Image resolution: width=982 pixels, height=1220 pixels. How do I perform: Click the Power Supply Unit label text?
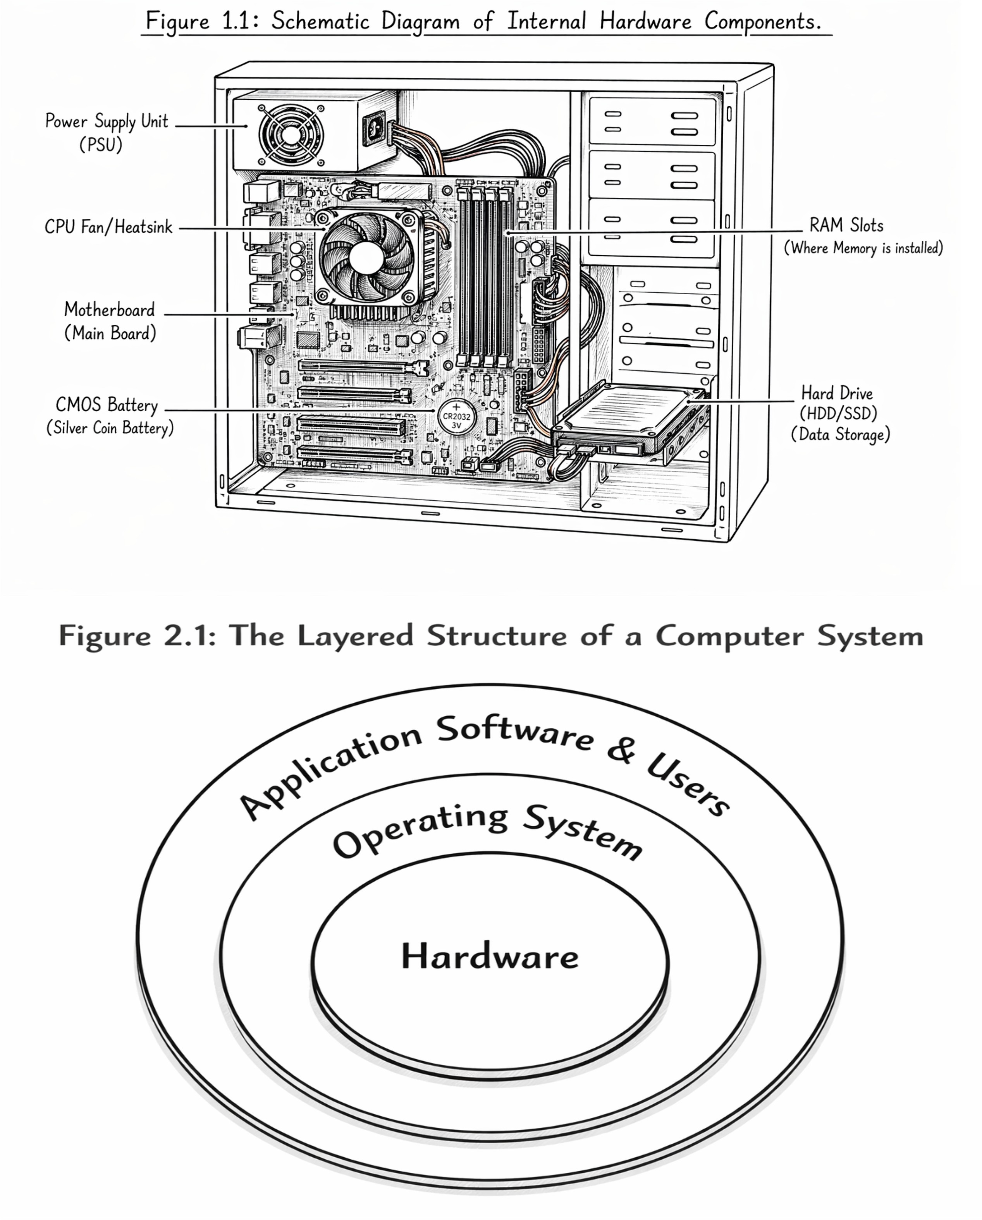107,132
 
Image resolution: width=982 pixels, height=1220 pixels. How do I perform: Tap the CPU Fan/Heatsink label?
108,227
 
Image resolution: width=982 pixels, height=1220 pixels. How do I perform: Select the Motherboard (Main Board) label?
109,321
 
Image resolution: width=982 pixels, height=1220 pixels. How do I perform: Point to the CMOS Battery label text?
110,416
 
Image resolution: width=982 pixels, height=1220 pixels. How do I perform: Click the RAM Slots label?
863,236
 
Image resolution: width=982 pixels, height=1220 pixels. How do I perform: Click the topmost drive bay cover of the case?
652,122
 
